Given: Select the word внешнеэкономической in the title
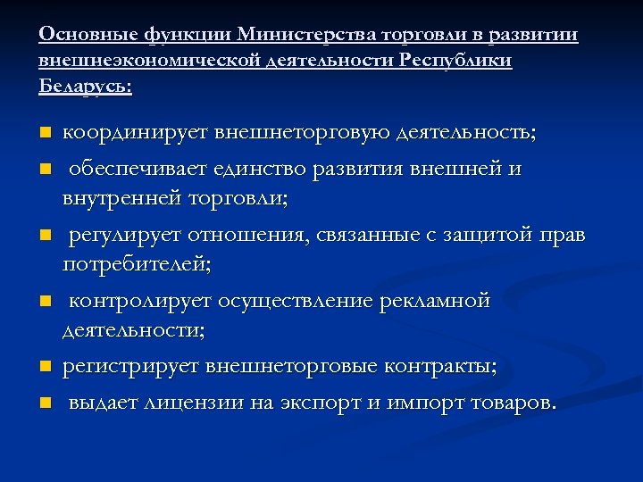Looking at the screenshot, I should tap(146, 61).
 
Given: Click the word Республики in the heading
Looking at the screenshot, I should tap(456, 61).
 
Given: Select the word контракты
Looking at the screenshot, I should tap(440, 367).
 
